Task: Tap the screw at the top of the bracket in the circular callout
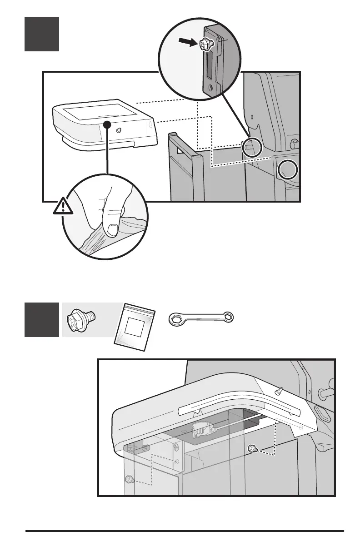205,44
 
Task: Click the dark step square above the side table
41,34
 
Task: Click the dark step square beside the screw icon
41,319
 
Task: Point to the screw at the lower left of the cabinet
129,479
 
